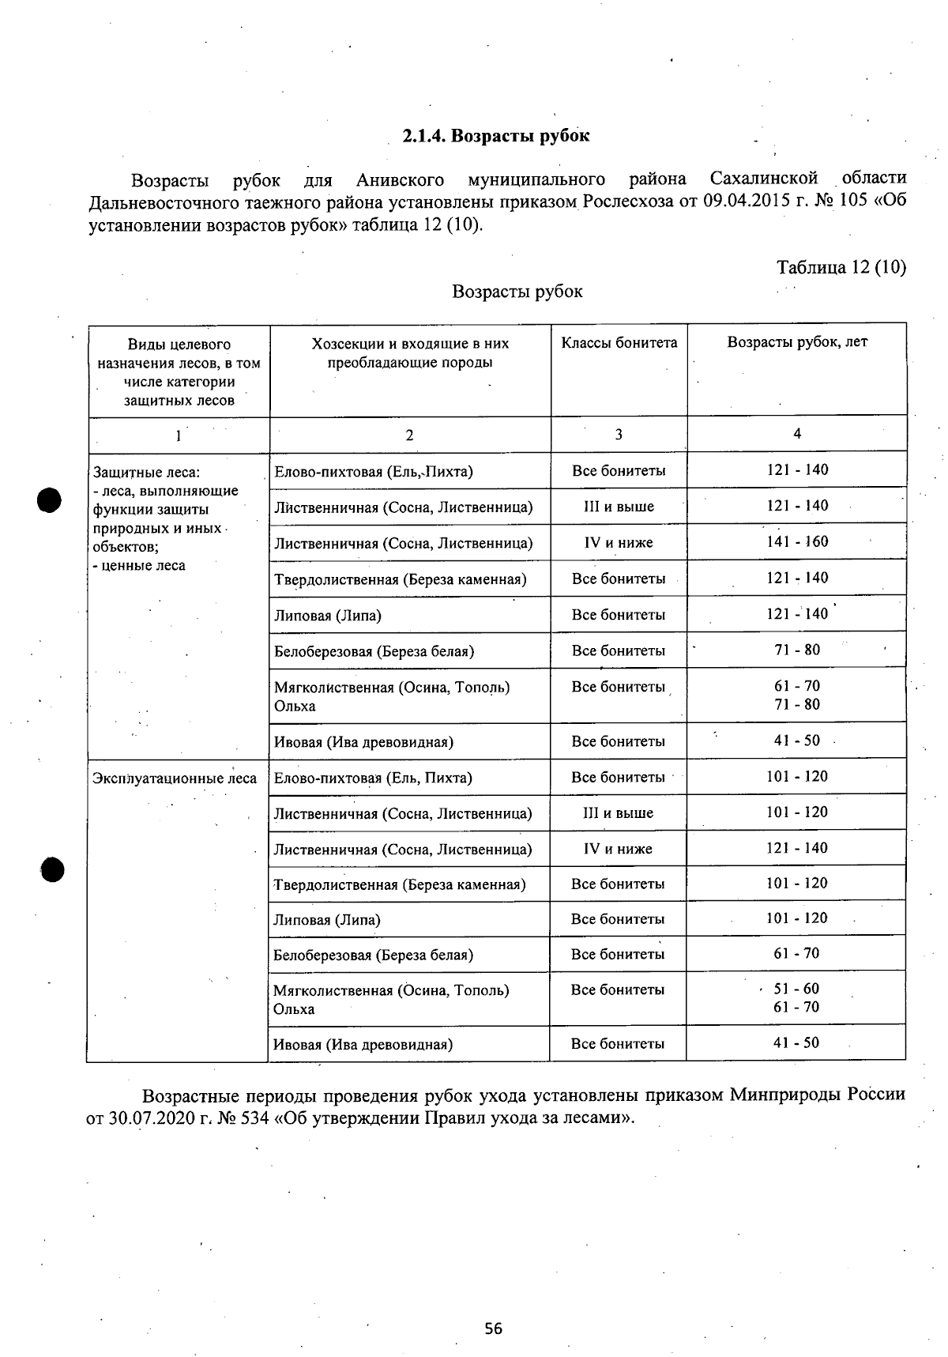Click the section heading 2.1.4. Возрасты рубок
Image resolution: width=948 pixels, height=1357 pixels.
495,136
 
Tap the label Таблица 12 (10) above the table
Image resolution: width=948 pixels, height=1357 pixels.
841,267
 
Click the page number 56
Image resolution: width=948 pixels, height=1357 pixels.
494,1329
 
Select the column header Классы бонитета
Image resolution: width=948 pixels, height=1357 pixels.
619,343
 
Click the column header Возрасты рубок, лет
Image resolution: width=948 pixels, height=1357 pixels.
796,342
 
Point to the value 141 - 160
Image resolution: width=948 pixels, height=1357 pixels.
797,542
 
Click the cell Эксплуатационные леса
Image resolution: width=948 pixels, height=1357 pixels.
175,778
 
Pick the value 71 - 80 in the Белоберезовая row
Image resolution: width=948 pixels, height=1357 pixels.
797,650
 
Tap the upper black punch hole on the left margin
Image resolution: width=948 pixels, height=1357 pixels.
49,500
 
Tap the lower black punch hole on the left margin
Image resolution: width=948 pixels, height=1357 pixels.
53,868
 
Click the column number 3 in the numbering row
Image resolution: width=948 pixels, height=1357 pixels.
619,435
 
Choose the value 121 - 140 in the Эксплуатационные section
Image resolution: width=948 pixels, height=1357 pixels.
797,848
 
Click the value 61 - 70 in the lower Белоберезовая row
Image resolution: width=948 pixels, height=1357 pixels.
796,954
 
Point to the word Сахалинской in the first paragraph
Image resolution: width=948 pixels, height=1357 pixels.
763,179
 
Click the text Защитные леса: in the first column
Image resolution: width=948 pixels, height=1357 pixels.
146,473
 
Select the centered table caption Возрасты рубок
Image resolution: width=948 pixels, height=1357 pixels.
517,292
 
